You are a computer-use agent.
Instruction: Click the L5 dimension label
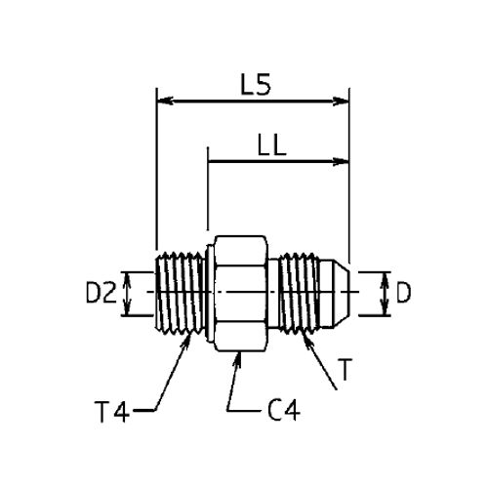pyautogui.click(x=256, y=85)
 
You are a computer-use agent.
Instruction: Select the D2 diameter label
pyautogui.click(x=101, y=292)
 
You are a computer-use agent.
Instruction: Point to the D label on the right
pyautogui.click(x=403, y=292)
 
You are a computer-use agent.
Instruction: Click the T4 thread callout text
pyautogui.click(x=111, y=412)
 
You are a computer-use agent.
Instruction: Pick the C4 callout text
pyautogui.click(x=284, y=410)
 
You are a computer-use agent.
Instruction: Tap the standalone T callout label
pyautogui.click(x=346, y=369)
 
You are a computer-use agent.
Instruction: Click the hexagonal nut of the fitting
pyautogui.click(x=241, y=294)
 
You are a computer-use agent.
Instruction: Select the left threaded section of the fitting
pyautogui.click(x=180, y=292)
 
